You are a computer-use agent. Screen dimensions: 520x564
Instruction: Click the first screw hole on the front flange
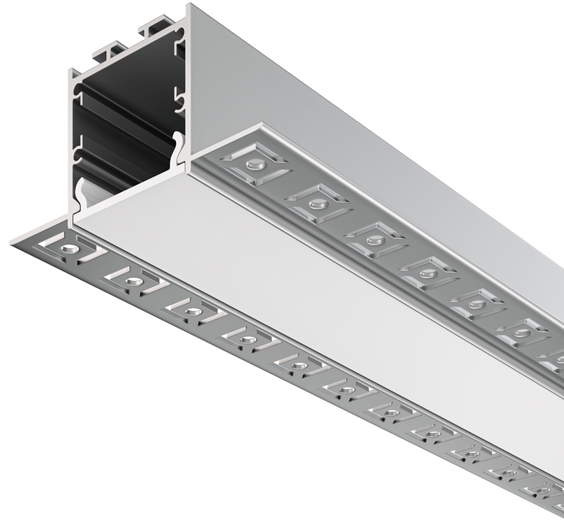click(x=68, y=249)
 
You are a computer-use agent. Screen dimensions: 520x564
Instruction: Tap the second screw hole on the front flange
click(x=131, y=281)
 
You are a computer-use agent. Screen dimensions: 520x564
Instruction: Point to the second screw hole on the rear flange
click(x=318, y=203)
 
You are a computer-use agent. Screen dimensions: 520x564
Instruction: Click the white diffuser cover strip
click(x=314, y=294)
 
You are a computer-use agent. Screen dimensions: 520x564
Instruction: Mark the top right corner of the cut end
click(x=188, y=6)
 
